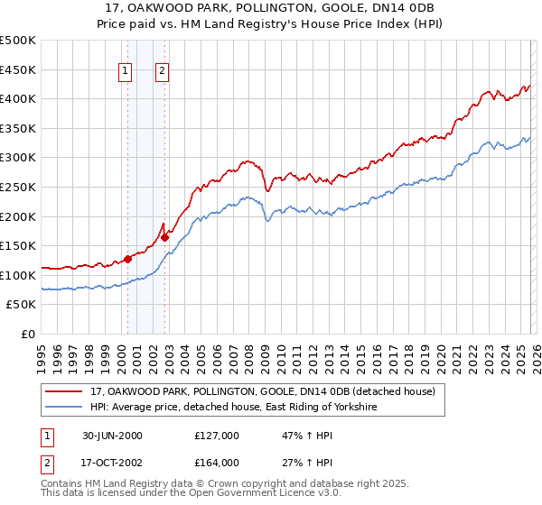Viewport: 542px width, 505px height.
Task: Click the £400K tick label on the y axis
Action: pos(18,99)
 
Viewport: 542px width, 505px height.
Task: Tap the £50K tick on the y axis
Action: pos(22,305)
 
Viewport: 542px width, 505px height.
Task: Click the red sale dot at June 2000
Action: pos(128,259)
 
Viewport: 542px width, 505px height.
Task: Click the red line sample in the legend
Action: pos(65,392)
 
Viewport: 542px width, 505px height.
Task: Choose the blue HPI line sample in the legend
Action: pos(65,408)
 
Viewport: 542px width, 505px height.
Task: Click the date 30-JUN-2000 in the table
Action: pos(112,436)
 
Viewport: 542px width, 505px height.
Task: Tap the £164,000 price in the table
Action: pos(217,463)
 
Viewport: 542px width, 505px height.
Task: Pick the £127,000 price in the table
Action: pos(217,436)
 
